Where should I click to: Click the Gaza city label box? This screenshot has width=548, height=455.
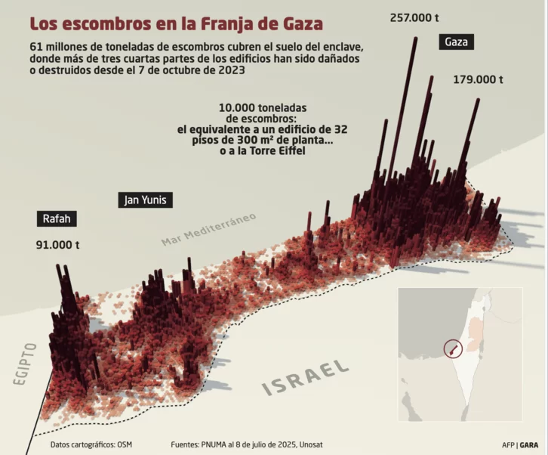pos(457,42)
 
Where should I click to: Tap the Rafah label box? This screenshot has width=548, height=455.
pos(57,219)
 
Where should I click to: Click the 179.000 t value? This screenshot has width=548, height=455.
pos(478,79)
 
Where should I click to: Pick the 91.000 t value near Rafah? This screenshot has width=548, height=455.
pos(58,245)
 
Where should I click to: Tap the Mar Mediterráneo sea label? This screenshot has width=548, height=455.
pos(208,228)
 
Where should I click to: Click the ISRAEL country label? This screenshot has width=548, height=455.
pos(306,377)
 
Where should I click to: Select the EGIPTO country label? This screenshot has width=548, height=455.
pos(24,364)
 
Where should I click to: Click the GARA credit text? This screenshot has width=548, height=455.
pos(529,444)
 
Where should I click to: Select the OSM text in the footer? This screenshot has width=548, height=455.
pos(125,444)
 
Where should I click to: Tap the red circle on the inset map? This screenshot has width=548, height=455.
pos(451,348)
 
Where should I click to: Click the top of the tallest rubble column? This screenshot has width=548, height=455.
pos(414,40)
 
